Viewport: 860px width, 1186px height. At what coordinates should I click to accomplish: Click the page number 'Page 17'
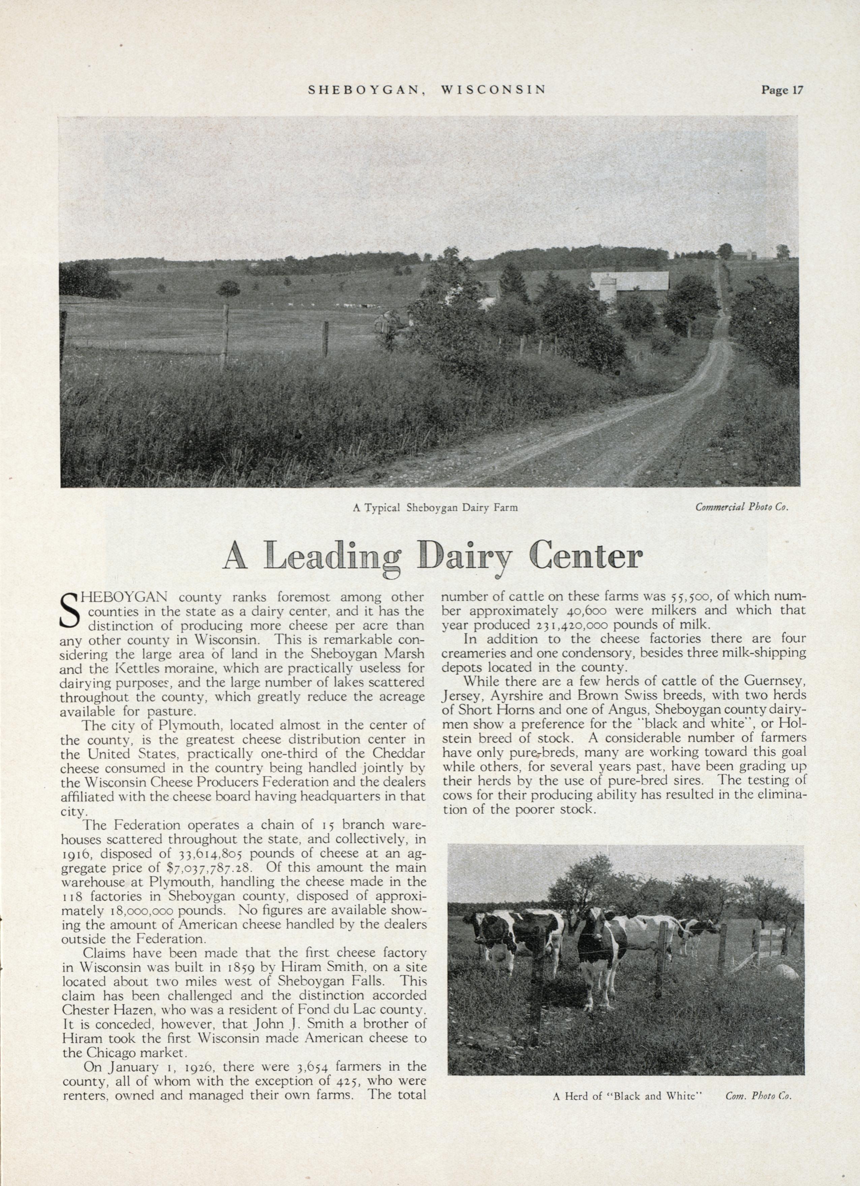pyautogui.click(x=781, y=90)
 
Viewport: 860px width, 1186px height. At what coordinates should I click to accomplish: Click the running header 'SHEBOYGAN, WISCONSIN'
pyautogui.click(x=427, y=90)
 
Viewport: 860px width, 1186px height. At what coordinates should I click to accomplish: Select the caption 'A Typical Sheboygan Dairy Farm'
pyautogui.click(x=435, y=507)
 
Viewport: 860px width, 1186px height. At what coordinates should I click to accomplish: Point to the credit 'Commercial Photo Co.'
pyautogui.click(x=741, y=507)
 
